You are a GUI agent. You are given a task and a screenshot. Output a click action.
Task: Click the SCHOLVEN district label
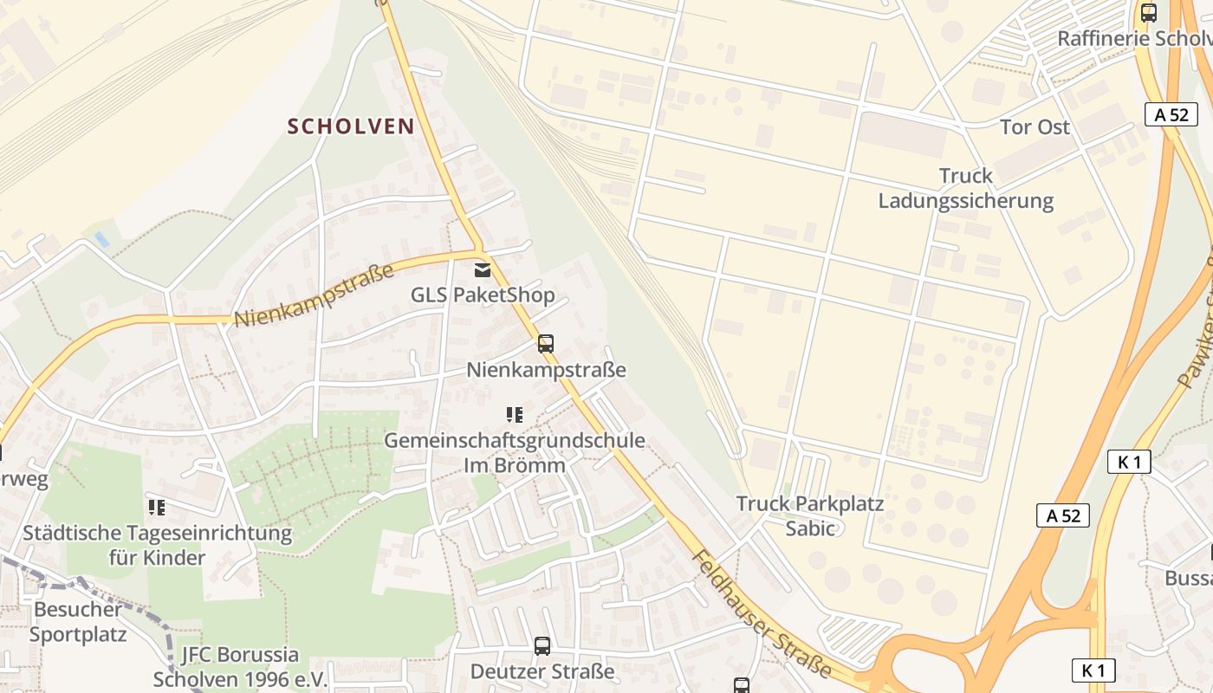351,126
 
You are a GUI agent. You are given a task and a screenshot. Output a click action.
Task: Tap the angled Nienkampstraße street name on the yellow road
315,295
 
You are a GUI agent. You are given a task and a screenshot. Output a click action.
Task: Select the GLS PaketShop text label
483,295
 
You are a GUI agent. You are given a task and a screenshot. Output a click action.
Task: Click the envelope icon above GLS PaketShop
483,270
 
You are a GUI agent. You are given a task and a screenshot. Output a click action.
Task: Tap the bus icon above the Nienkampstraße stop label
545,344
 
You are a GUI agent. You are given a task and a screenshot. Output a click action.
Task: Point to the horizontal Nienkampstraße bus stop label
546,370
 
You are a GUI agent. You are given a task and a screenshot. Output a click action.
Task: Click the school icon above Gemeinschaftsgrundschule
515,416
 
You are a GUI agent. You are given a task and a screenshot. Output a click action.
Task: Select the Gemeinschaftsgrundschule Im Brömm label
515,452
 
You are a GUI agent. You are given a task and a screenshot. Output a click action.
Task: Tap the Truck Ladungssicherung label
966,188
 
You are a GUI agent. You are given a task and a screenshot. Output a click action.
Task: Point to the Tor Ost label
1035,127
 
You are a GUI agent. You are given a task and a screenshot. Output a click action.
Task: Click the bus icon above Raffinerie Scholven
1149,13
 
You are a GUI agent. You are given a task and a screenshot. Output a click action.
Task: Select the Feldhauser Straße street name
762,612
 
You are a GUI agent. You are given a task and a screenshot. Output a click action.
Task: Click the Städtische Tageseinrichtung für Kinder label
158,544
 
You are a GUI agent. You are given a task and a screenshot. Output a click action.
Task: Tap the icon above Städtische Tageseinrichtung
157,507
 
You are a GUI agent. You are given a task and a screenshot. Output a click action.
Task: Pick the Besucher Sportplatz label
78,621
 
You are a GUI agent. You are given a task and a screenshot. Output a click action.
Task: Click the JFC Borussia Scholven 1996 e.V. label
240,666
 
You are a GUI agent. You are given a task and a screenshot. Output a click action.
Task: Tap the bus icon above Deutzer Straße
542,645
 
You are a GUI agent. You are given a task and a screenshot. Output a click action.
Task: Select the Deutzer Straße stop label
542,671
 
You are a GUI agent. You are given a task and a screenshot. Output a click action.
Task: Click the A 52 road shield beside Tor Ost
1171,114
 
